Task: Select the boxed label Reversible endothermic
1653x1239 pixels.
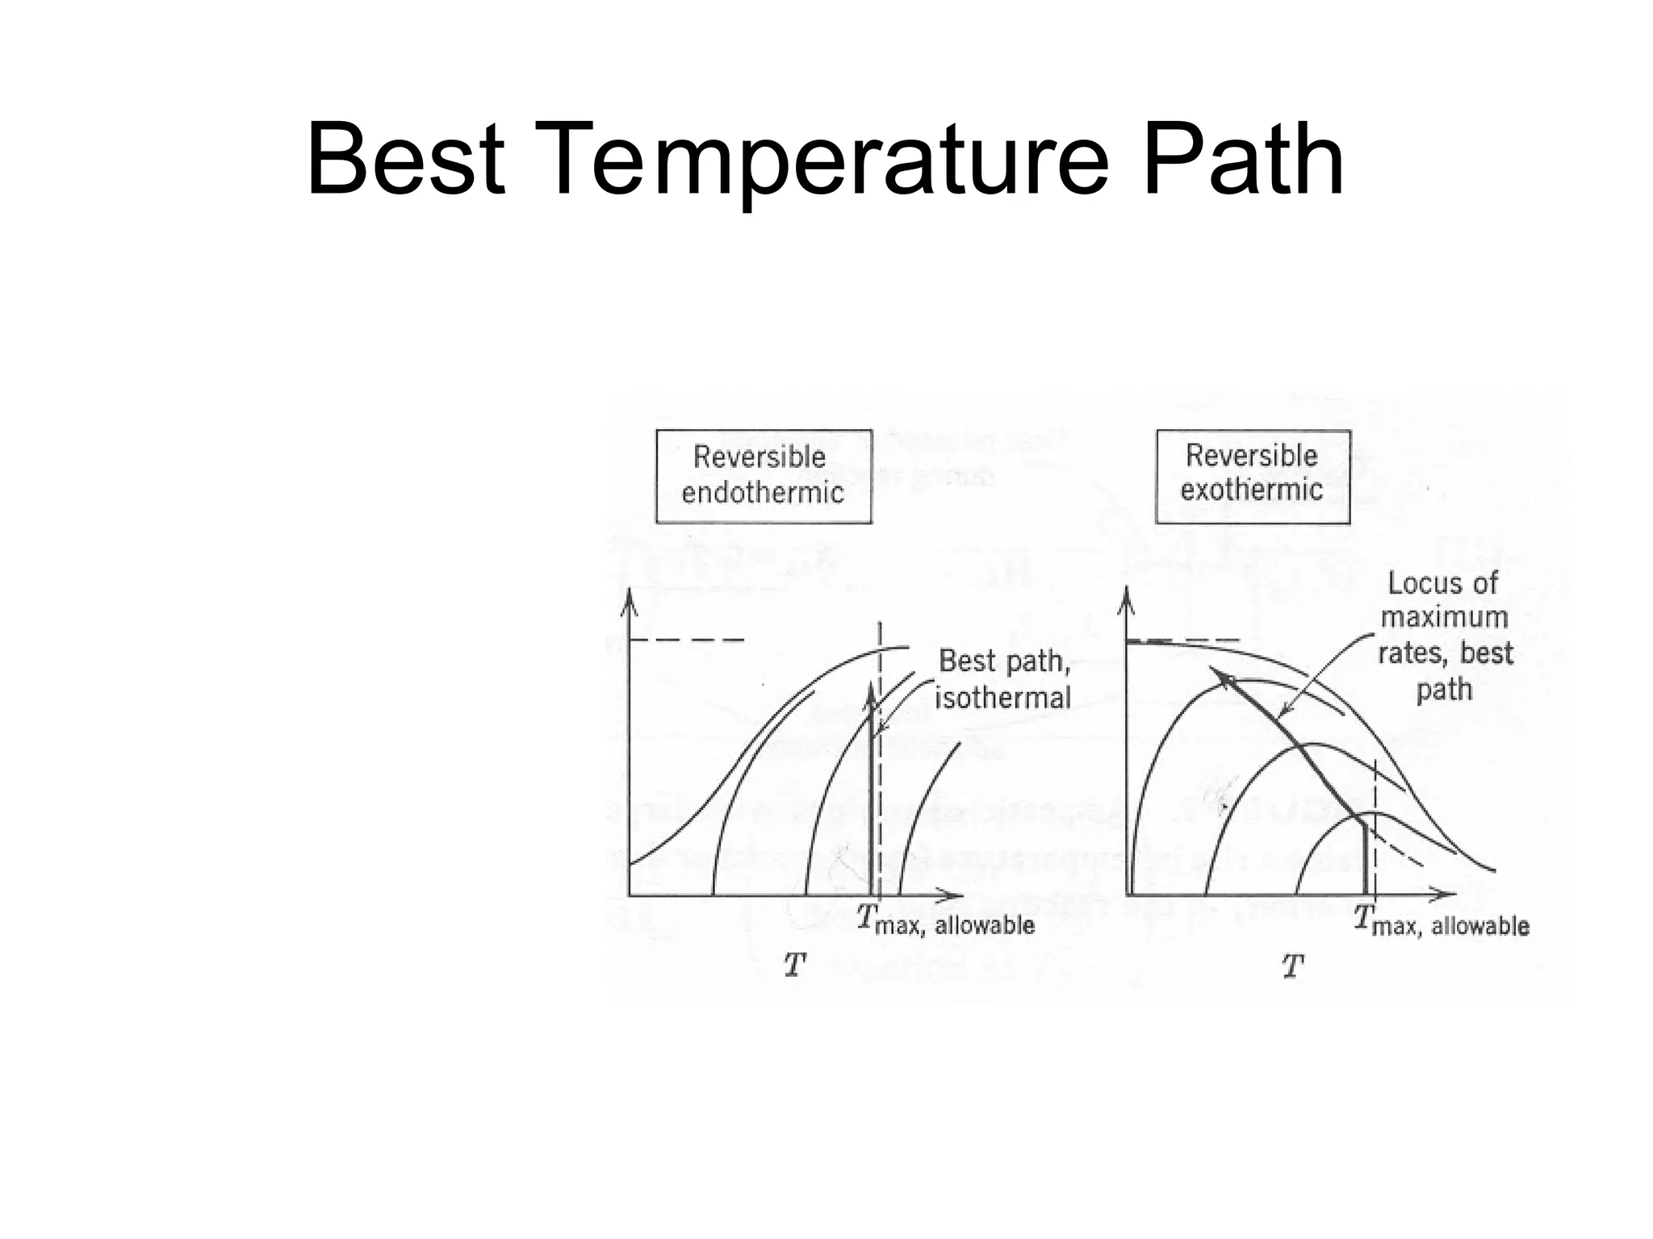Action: pos(763,476)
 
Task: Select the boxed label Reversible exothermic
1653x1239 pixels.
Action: pos(1252,475)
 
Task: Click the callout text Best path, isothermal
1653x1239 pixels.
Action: pos(1003,679)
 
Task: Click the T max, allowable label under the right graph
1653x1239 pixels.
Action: pos(1442,921)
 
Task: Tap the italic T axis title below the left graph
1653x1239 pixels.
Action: pos(795,965)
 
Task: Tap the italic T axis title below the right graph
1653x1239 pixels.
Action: pos(1292,966)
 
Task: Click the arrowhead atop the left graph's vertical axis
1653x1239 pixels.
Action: pos(629,600)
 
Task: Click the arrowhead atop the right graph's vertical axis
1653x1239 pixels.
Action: pos(1127,600)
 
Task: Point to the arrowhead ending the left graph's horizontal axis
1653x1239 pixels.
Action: pos(955,895)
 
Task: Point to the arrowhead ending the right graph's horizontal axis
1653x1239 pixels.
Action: pos(1450,895)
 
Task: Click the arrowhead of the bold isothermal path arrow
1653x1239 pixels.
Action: pos(870,694)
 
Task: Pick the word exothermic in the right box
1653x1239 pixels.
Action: pos(1252,490)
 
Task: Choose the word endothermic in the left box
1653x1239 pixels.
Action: pos(763,493)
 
